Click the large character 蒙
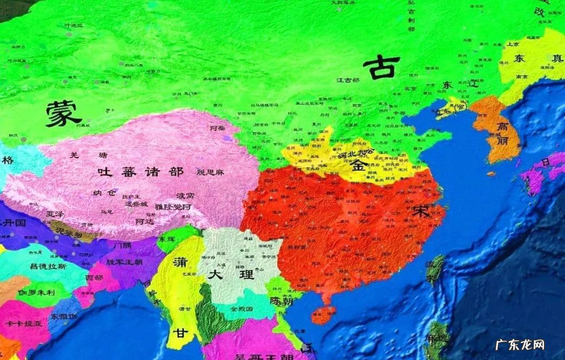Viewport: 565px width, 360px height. point(63,114)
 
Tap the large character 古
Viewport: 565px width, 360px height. point(381,67)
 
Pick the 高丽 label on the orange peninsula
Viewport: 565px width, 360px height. point(503,133)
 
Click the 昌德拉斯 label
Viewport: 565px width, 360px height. point(49,267)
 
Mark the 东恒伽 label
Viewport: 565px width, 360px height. point(64,316)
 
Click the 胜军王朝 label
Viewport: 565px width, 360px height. point(125,262)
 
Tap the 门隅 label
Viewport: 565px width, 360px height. point(123,245)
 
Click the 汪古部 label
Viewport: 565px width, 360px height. point(348,80)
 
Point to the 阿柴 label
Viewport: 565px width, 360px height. point(217,128)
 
